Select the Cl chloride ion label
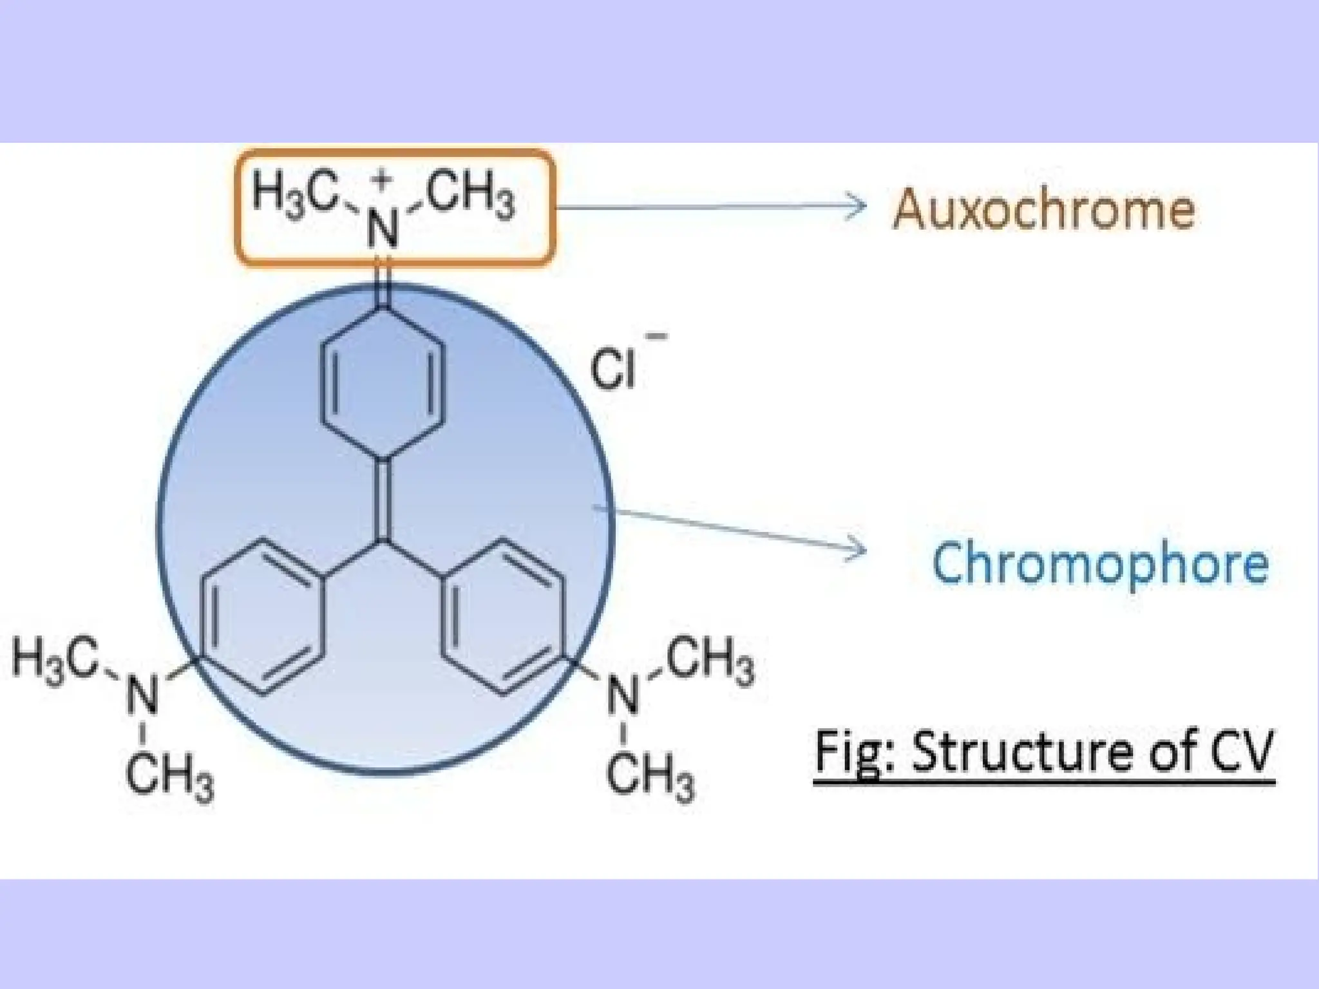pos(612,371)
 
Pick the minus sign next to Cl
pos(659,335)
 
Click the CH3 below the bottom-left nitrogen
pos(169,777)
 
